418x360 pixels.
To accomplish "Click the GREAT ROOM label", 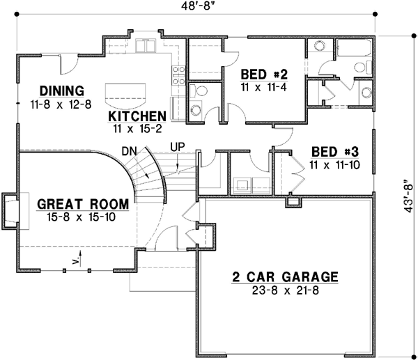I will click(82, 205).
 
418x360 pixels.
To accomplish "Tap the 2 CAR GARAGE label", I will click(285, 277).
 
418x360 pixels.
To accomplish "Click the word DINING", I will click(61, 91).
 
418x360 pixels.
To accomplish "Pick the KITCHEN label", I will click(137, 116).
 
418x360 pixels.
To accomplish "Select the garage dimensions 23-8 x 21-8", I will click(285, 290).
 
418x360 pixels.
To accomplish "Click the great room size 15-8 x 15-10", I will click(82, 217).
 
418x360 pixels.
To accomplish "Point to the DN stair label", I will click(128, 150).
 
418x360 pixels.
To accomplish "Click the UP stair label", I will click(178, 148).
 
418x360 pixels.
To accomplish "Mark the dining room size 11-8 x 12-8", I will click(61, 104).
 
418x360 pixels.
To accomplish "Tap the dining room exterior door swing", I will click(68, 65).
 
